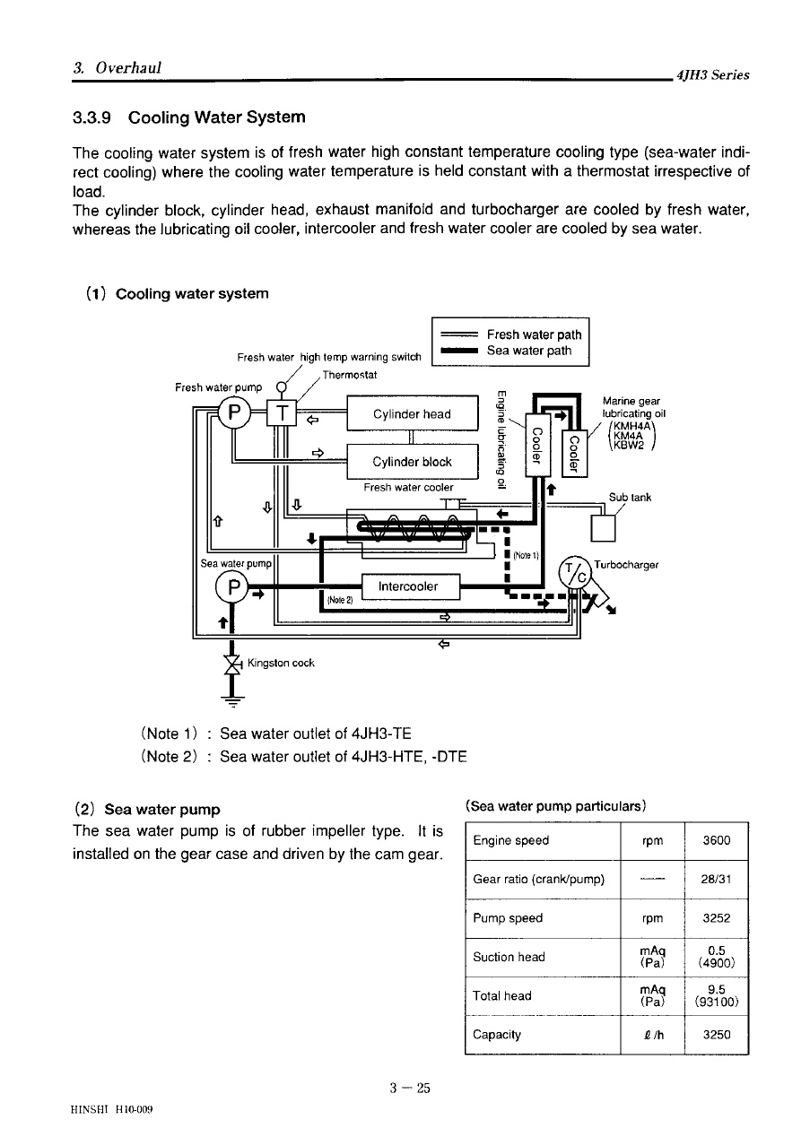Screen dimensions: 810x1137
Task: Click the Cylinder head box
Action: (x=412, y=413)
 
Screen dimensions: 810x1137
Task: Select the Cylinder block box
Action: (x=412, y=462)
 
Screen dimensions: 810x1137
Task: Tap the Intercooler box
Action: (x=410, y=586)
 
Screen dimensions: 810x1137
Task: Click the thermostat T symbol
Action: (x=282, y=413)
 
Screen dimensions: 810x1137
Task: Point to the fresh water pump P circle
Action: (x=234, y=412)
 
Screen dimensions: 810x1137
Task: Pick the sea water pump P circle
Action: (x=232, y=587)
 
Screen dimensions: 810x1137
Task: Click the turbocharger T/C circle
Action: (x=575, y=573)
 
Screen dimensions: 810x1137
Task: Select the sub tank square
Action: (x=603, y=528)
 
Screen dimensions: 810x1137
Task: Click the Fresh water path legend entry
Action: (x=510, y=334)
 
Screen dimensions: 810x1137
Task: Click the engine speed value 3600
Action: (x=716, y=840)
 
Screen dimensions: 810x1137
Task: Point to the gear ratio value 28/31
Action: (x=716, y=879)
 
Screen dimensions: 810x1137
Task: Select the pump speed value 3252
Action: (x=716, y=918)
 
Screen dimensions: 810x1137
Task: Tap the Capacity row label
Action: (x=497, y=1035)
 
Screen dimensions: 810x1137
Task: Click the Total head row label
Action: (x=501, y=996)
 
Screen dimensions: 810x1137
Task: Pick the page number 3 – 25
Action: (x=410, y=1089)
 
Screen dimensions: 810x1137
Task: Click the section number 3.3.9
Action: (x=91, y=117)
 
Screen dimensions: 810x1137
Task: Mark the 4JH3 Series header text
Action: (x=712, y=75)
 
